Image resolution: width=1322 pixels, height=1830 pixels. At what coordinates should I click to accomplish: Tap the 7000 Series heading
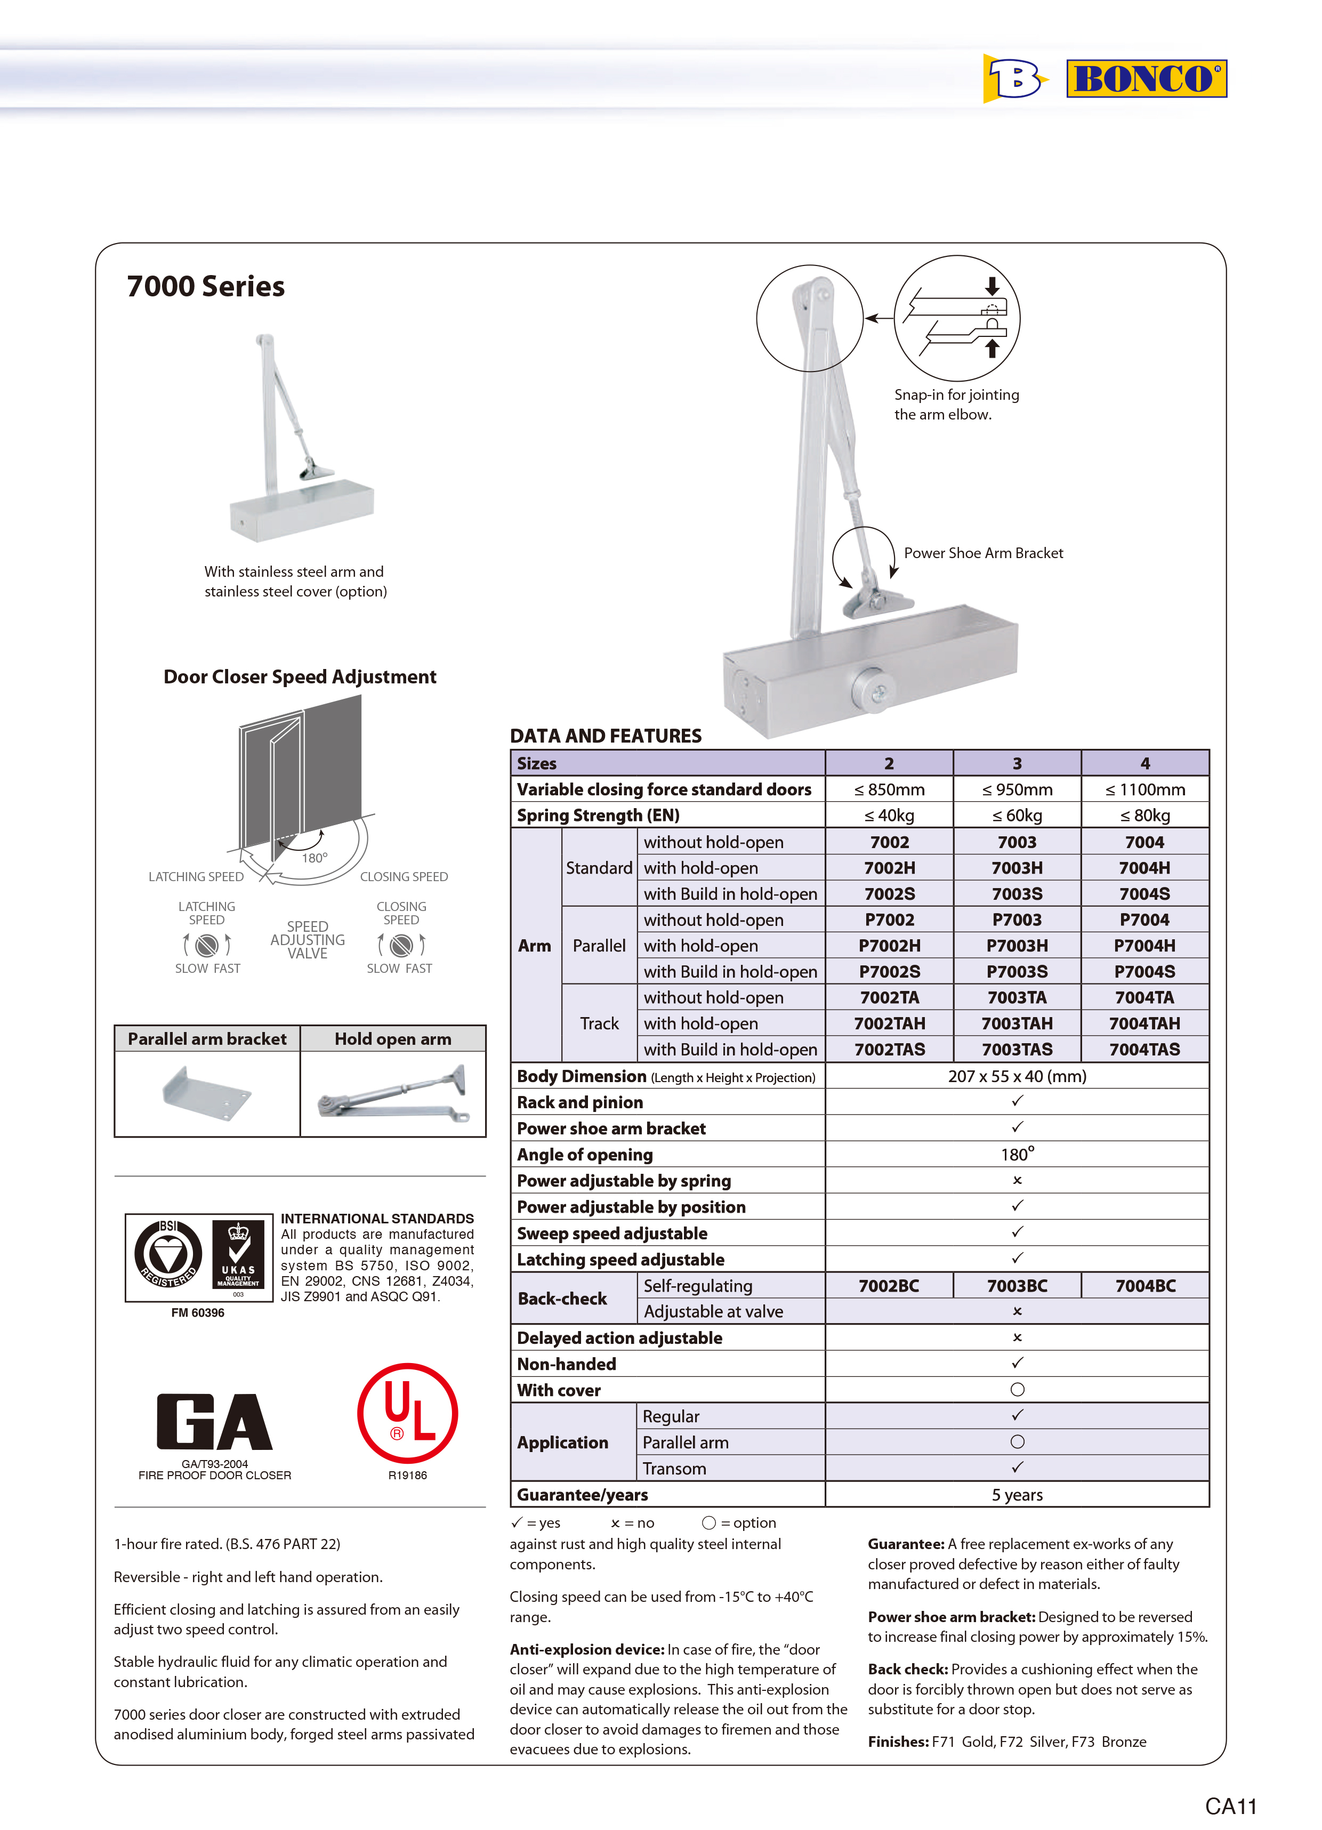click(206, 286)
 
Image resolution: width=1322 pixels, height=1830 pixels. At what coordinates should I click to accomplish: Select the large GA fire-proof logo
click(215, 1422)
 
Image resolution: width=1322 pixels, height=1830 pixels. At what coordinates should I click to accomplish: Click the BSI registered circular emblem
click(168, 1255)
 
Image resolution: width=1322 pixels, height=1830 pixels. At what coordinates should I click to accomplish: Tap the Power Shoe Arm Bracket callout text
click(983, 553)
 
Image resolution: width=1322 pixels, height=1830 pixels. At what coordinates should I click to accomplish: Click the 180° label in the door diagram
click(315, 858)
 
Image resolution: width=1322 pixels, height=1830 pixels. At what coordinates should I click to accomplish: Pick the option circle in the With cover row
click(1017, 1390)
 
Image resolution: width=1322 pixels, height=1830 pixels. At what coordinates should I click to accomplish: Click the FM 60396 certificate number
click(198, 1313)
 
